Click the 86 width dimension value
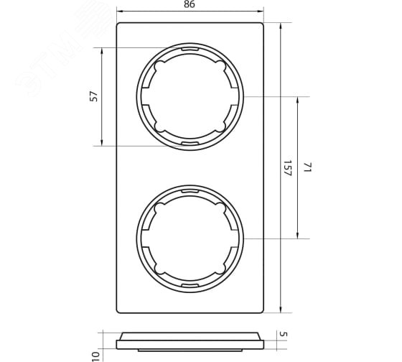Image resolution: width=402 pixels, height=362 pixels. click(190, 4)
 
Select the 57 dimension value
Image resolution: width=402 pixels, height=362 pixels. click(94, 96)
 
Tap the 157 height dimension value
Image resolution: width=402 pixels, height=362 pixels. click(288, 168)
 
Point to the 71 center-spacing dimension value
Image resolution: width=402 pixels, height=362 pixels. click(307, 167)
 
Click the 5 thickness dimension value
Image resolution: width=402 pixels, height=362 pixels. click(284, 334)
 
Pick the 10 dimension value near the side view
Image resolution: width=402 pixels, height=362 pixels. click(95, 356)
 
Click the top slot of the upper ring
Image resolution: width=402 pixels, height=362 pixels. click(190, 50)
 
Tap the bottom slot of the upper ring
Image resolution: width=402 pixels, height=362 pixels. click(190, 143)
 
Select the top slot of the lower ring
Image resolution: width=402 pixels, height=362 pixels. click(190, 191)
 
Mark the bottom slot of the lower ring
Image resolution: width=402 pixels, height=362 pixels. click(190, 285)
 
